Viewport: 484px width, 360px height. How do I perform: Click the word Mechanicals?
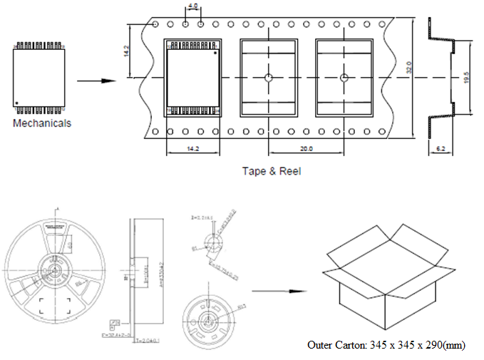pos(42,123)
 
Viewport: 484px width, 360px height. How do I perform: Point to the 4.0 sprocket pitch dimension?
pos(192,6)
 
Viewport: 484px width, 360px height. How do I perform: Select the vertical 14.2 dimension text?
pos(127,52)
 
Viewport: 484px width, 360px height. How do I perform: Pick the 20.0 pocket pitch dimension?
pos(306,149)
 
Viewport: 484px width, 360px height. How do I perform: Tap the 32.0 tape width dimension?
pos(409,68)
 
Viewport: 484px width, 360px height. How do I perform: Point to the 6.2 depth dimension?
pos(441,149)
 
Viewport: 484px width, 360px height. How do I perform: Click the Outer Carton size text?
pos(386,345)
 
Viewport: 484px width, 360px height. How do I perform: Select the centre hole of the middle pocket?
pos(269,78)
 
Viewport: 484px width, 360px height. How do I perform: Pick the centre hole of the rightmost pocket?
pos(344,78)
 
